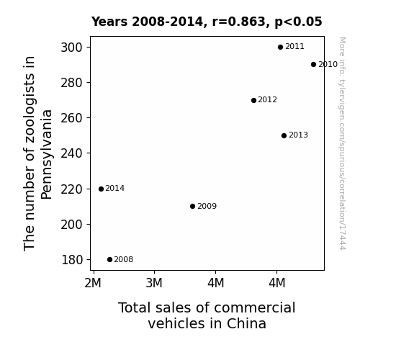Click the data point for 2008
(x=110, y=260)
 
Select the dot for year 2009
(x=192, y=207)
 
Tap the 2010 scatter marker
(x=313, y=65)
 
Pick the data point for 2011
(x=280, y=47)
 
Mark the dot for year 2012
(x=253, y=100)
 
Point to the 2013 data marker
(x=284, y=136)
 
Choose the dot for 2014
(x=101, y=189)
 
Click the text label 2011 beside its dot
(x=294, y=47)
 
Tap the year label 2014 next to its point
(x=115, y=189)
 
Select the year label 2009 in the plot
(x=207, y=206)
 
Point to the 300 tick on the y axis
(x=71, y=48)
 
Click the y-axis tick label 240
(x=71, y=153)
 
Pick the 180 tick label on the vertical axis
(x=72, y=260)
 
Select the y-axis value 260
(x=71, y=118)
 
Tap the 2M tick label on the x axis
(x=93, y=283)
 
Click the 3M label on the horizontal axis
(x=154, y=283)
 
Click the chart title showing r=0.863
(x=207, y=22)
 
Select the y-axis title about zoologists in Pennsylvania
(x=37, y=153)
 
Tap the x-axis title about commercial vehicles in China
(x=207, y=315)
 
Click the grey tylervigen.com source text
(x=342, y=143)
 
